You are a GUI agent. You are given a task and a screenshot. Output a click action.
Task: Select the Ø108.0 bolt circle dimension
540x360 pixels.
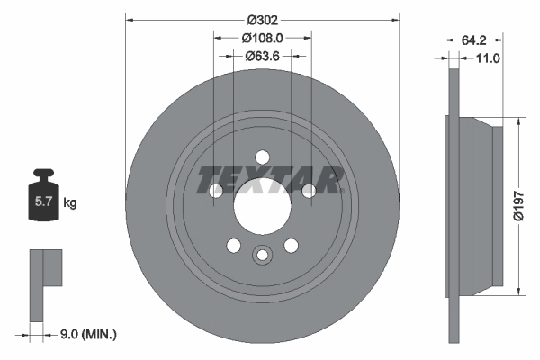point(263,38)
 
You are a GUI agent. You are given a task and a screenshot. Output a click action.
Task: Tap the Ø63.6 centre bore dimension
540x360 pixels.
point(263,55)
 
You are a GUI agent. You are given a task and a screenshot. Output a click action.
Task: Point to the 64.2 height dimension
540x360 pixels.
point(474,40)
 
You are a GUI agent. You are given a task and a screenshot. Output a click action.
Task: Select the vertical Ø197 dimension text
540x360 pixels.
point(517,205)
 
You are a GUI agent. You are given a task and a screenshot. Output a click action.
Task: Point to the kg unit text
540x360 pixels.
point(70,203)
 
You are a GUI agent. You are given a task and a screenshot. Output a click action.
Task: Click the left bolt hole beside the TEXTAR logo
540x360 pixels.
point(216,190)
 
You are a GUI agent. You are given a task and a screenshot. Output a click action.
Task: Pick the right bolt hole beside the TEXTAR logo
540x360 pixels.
point(309,190)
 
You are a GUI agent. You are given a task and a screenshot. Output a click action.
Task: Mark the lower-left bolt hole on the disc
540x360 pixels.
point(233,245)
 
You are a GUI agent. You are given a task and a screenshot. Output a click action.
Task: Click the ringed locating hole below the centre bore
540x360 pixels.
point(262,255)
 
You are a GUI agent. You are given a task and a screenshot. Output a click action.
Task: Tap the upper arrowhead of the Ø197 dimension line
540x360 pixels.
point(519,124)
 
